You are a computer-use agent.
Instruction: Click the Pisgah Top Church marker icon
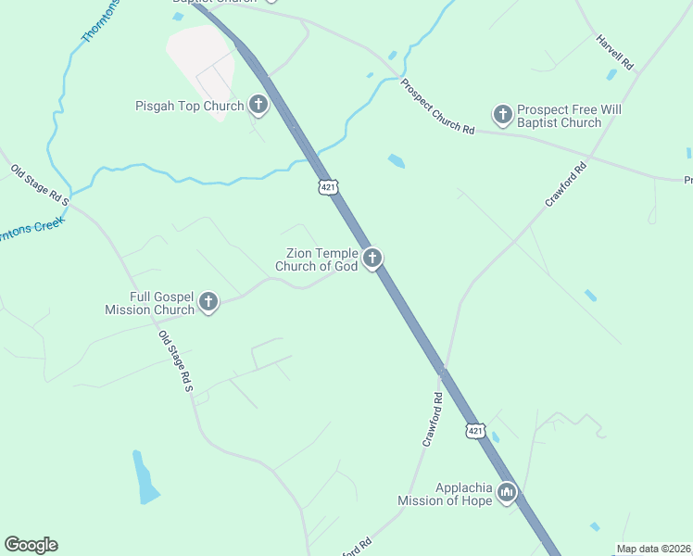tap(258, 106)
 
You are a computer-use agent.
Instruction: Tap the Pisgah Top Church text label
tap(189, 107)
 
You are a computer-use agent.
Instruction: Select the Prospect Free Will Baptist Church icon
tap(503, 114)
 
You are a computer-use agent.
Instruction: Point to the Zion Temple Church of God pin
tap(372, 259)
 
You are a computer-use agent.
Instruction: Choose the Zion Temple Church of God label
tap(316, 259)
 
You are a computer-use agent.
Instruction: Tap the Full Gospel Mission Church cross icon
tap(208, 302)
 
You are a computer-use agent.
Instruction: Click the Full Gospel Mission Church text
tap(162, 303)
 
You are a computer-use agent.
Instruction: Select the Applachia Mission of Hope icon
tap(506, 492)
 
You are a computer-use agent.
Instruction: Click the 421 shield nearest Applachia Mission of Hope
tap(475, 431)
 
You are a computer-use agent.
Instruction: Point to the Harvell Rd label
tap(614, 53)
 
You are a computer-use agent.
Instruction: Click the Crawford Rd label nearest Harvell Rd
tap(566, 184)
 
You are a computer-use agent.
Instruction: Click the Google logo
tap(31, 545)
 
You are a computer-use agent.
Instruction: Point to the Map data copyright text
tap(654, 549)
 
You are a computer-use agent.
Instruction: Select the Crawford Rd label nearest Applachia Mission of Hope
tap(433, 419)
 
